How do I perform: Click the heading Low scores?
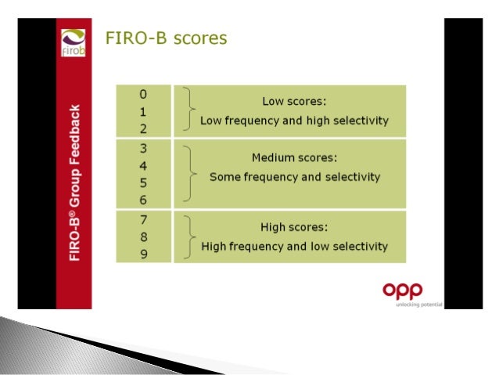point(293,101)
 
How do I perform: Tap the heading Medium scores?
point(294,157)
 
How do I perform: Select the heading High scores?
point(294,228)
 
